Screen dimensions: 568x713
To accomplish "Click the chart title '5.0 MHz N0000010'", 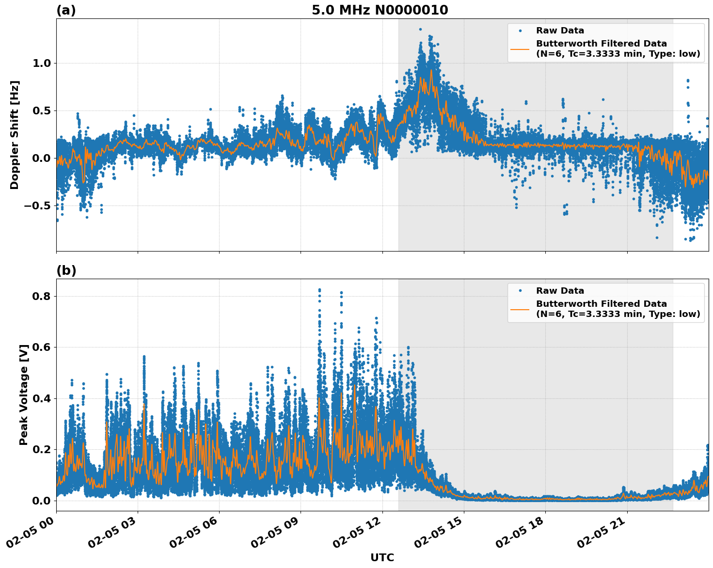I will pyautogui.click(x=380, y=10).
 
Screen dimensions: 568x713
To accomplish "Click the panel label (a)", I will pyautogui.click(x=66, y=10).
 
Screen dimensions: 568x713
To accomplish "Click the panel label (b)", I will pyautogui.click(x=66, y=270).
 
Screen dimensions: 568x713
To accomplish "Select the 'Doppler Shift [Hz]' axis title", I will pyautogui.click(x=15, y=135).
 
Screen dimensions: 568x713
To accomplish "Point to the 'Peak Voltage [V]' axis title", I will pyautogui.click(x=24, y=394).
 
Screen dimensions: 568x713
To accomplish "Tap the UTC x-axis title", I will pyautogui.click(x=382, y=557).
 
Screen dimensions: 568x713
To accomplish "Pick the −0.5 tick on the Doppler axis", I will pyautogui.click(x=37, y=205).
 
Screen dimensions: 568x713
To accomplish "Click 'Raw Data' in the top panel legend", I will pyautogui.click(x=560, y=31).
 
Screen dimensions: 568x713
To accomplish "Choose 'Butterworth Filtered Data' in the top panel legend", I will pyautogui.click(x=601, y=44).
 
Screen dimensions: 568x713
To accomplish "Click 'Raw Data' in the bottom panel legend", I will pyautogui.click(x=560, y=291).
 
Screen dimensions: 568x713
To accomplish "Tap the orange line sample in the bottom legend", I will pyautogui.click(x=520, y=309).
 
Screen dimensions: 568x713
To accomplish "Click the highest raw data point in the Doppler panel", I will pyautogui.click(x=420, y=29).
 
